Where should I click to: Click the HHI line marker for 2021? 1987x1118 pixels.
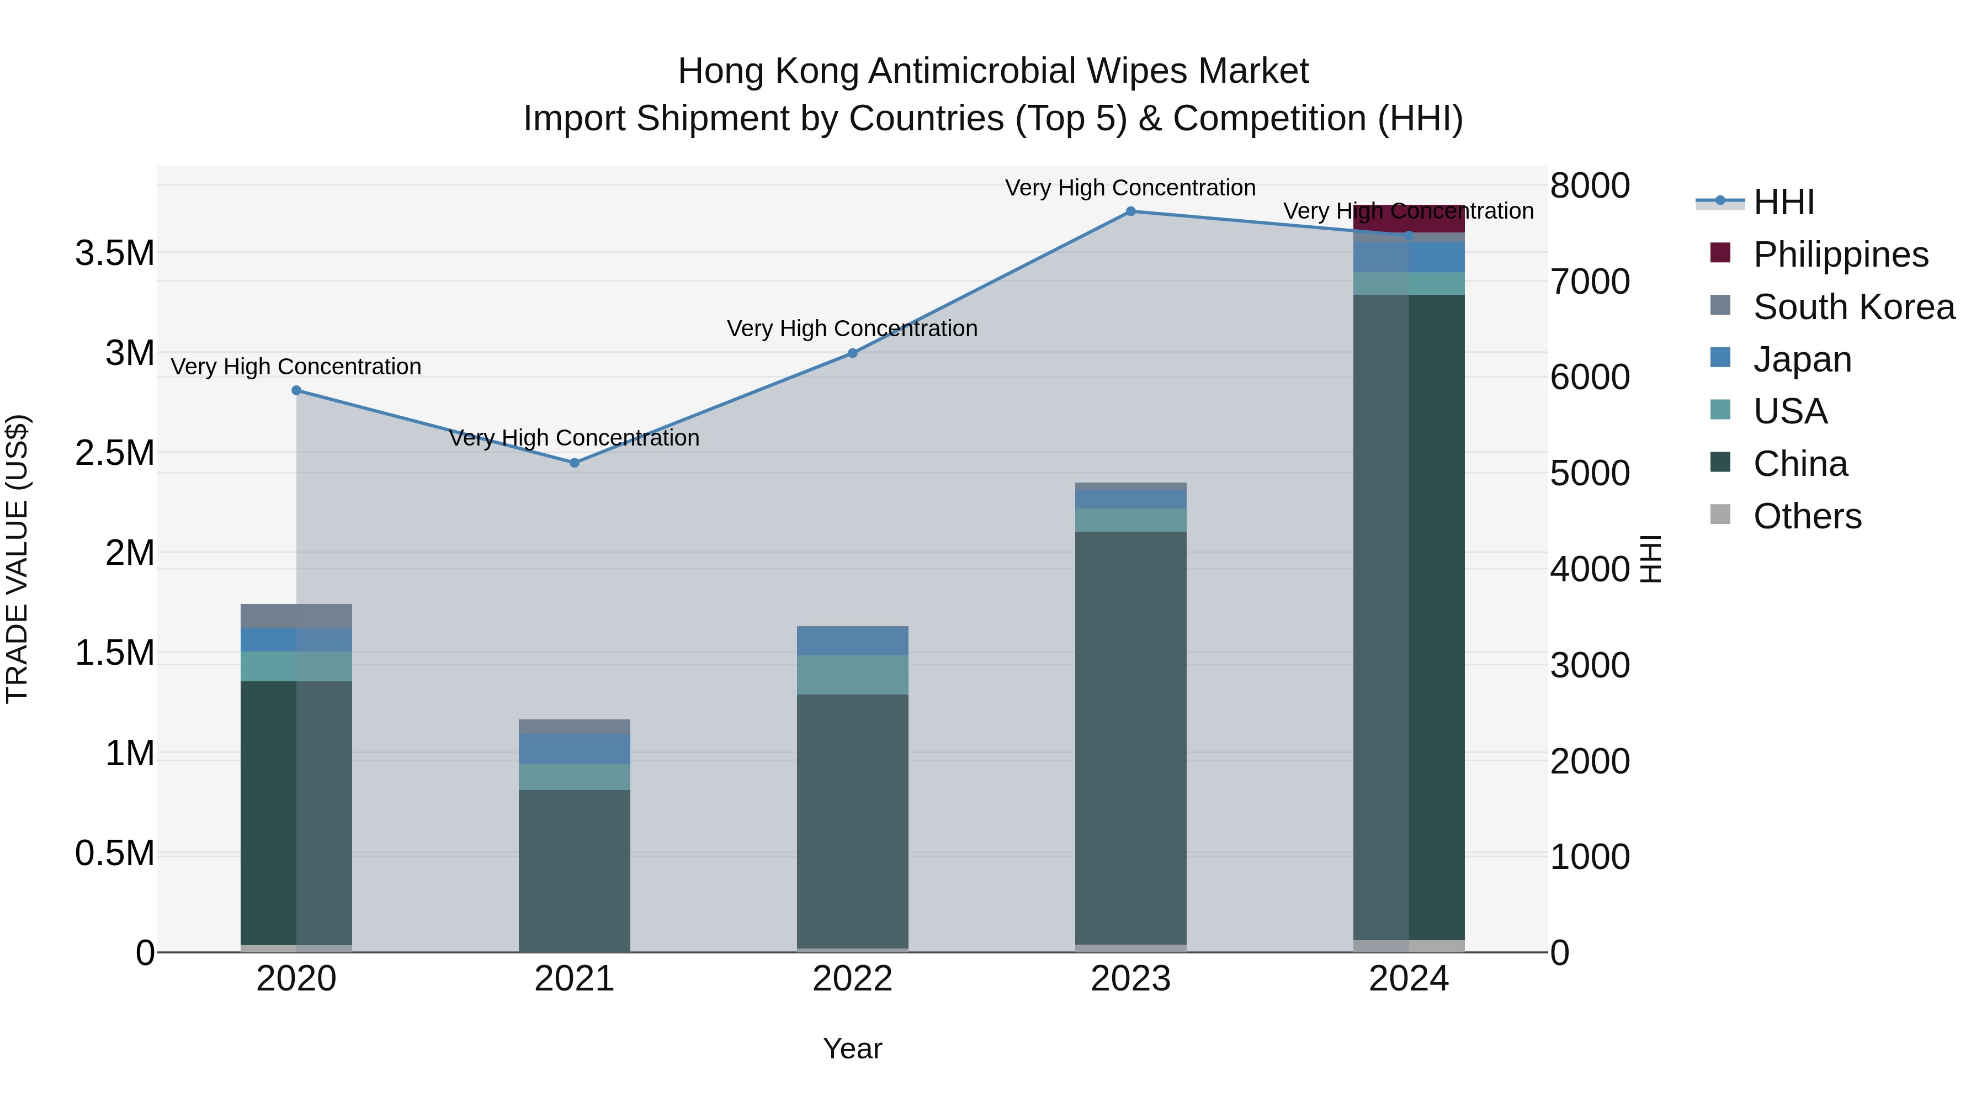[x=574, y=463]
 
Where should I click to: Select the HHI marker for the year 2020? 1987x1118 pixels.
[x=296, y=390]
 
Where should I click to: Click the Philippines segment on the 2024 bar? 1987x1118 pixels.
[x=1409, y=218]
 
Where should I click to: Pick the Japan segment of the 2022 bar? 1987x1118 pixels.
[x=852, y=640]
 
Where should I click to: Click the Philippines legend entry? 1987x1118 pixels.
[x=1840, y=255]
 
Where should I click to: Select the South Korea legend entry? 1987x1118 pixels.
[x=1853, y=307]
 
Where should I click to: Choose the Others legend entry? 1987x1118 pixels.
[x=1807, y=516]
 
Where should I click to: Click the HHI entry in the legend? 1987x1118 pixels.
[x=1783, y=202]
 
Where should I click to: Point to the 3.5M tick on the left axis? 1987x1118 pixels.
[x=115, y=253]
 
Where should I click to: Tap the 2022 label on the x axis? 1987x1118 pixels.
[x=852, y=979]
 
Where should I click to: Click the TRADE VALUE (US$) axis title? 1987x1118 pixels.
[x=17, y=559]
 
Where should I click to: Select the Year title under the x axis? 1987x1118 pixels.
[x=852, y=1048]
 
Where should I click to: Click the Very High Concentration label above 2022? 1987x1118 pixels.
[x=852, y=328]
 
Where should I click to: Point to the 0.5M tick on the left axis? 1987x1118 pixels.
[x=115, y=854]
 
